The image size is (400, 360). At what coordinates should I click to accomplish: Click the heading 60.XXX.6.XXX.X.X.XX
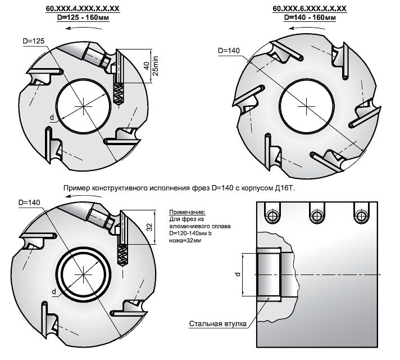pos(309,9)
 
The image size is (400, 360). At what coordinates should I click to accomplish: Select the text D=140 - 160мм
pos(310,17)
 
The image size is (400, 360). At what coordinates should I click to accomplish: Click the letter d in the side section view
pos(238,274)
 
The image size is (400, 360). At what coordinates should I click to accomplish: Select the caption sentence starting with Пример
pos(179,188)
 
